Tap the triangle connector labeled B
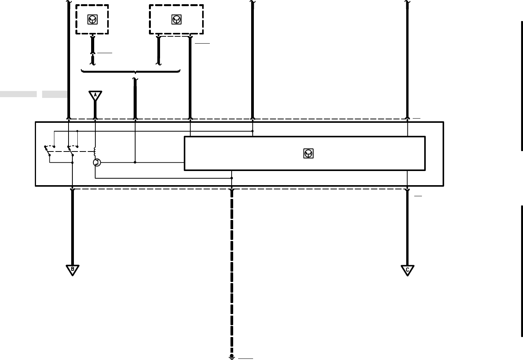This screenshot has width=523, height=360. pos(72,270)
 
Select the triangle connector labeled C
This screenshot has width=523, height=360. pos(407,270)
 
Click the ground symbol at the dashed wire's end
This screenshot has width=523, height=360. pos(232,356)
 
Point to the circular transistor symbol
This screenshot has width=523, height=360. pos(97,163)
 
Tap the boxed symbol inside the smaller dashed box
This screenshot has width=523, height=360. pos(92,20)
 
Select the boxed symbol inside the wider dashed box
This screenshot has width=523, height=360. pos(176,20)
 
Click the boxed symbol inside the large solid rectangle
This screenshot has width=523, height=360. pos(308,153)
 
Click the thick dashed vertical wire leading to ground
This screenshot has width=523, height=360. pos(232,268)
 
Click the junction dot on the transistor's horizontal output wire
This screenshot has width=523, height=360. pos(135,162)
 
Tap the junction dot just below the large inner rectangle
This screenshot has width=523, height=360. pos(232,178)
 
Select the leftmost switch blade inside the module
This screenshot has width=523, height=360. pos(47,151)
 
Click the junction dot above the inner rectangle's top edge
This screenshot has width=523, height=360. pos(252,131)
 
